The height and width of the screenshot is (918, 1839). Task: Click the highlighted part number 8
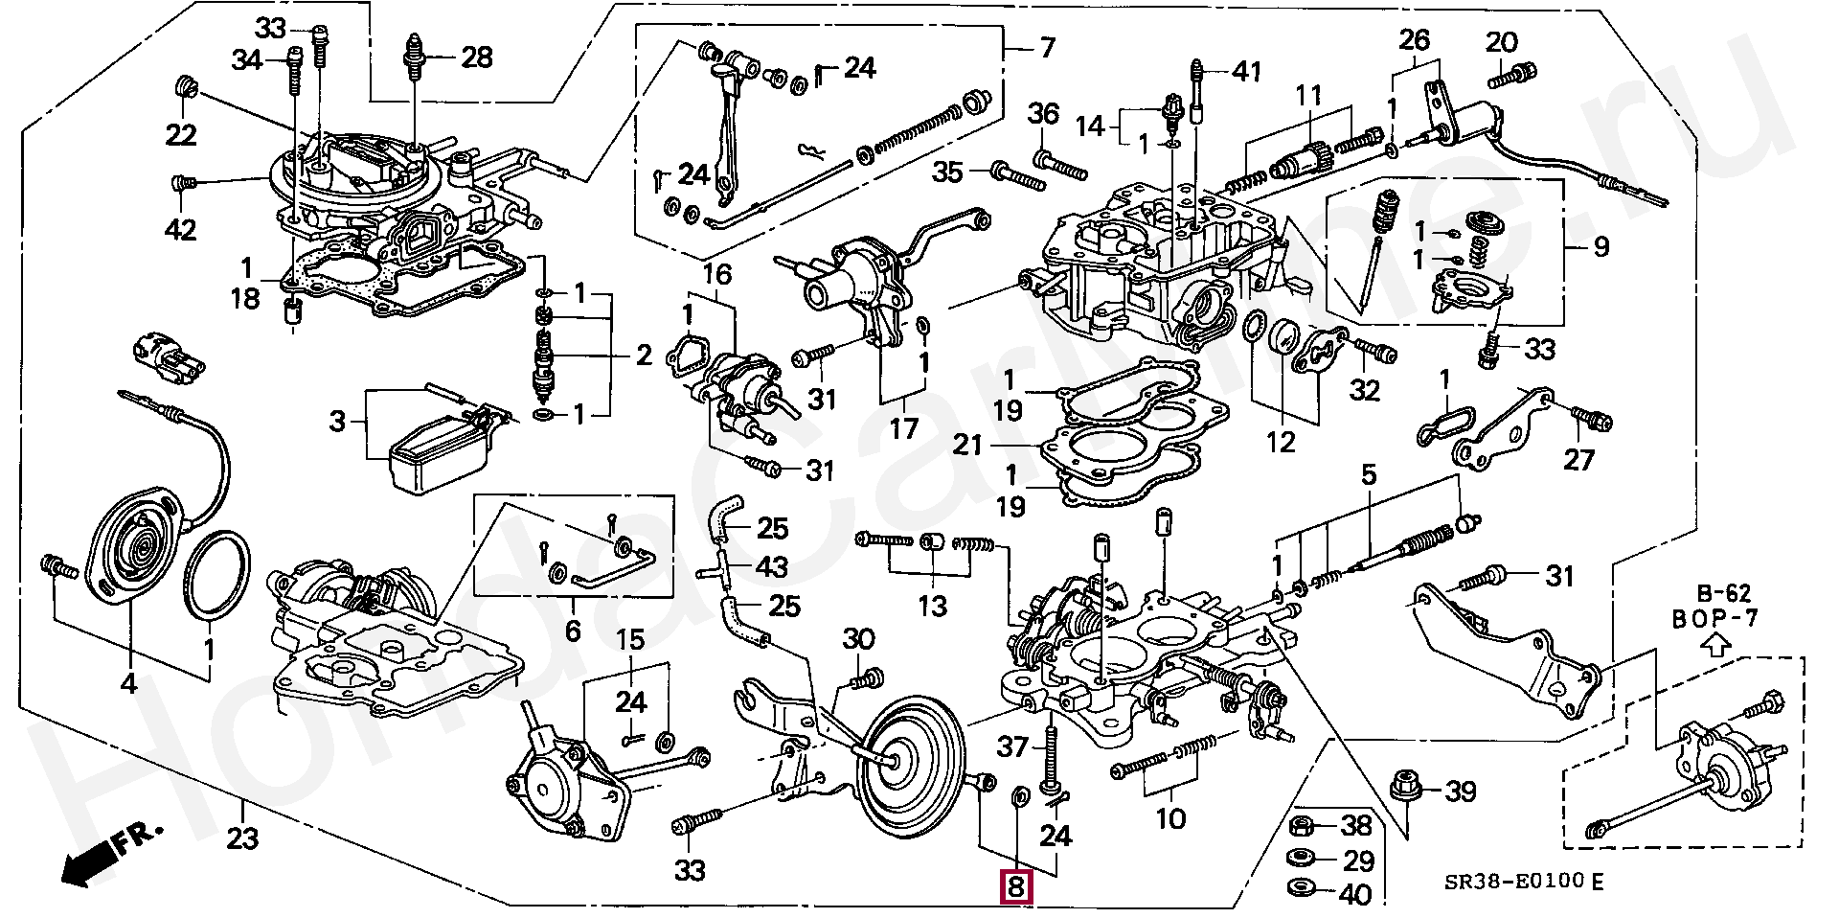tap(1015, 887)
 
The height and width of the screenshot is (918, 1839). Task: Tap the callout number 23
tap(242, 840)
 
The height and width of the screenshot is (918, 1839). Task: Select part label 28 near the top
tap(476, 57)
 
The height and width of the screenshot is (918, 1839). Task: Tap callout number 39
tap(1460, 792)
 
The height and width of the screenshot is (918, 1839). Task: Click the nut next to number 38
tap(1302, 824)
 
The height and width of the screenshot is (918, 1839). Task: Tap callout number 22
tap(181, 135)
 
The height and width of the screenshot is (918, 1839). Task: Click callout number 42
tap(181, 230)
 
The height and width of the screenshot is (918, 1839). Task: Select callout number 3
tap(337, 422)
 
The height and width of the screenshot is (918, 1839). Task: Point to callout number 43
tap(772, 567)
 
